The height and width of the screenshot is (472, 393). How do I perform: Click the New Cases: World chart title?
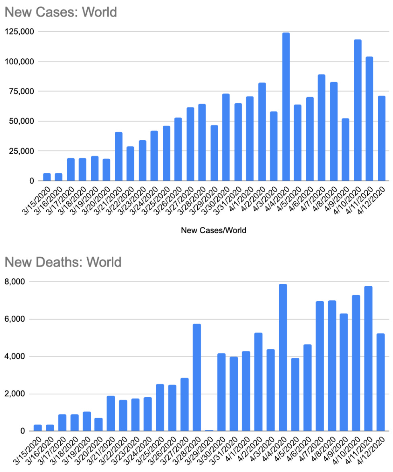coord(60,12)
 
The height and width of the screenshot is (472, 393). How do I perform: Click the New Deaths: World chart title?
coord(63,262)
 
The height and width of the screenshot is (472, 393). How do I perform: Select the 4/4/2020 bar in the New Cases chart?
coord(286,107)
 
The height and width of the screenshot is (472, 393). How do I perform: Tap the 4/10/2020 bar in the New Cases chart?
coord(358,110)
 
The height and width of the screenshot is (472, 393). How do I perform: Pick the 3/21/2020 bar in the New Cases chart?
coord(119,156)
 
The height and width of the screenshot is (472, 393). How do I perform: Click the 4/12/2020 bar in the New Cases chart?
coord(381,138)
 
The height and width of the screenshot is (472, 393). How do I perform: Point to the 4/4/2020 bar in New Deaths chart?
coord(283,358)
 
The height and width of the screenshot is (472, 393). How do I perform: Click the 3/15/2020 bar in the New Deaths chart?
coord(38,428)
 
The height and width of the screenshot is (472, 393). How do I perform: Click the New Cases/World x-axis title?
coord(213,230)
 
